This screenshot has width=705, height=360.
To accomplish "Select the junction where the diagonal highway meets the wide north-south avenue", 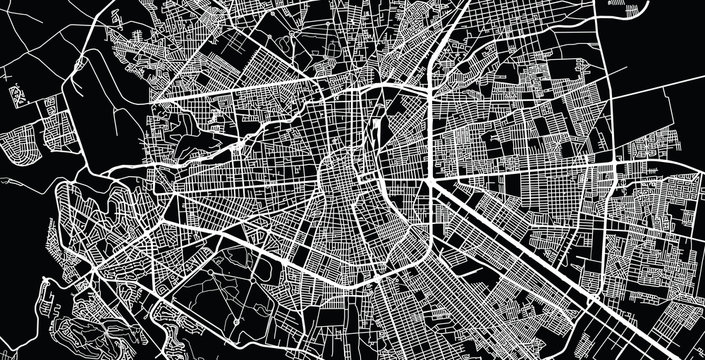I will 432,180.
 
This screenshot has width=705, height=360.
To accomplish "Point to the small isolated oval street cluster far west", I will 17,96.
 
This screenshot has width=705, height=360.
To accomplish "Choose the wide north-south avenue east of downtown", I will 430,120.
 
